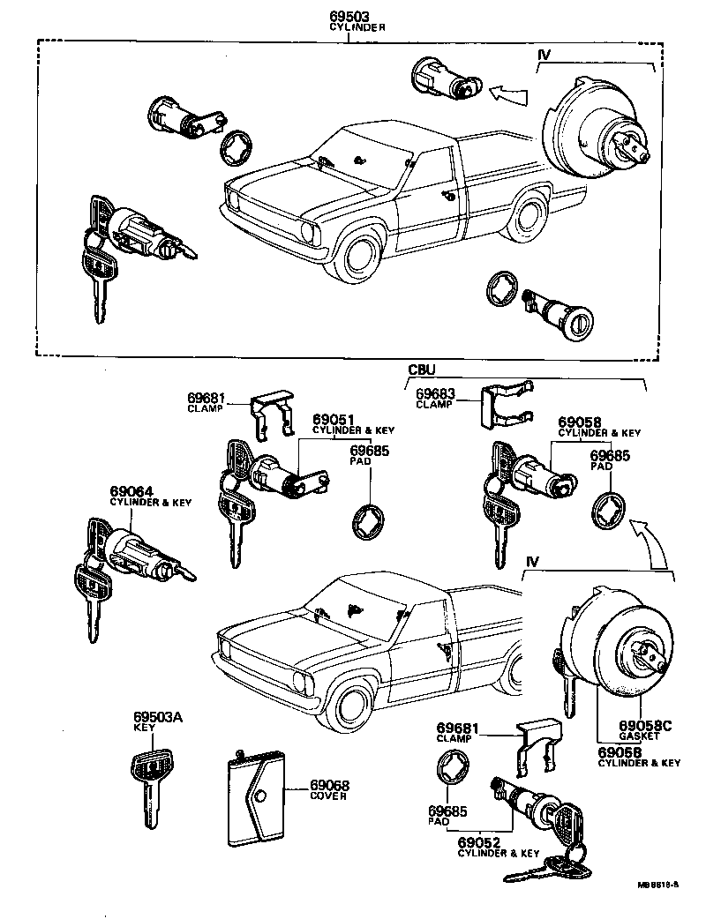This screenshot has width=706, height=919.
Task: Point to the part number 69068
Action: [x=329, y=786]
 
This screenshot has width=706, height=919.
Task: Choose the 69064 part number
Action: [x=131, y=491]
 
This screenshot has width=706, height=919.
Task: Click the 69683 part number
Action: [x=437, y=393]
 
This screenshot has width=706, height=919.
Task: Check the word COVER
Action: [x=328, y=796]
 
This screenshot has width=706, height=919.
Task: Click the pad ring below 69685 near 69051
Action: [x=366, y=521]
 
